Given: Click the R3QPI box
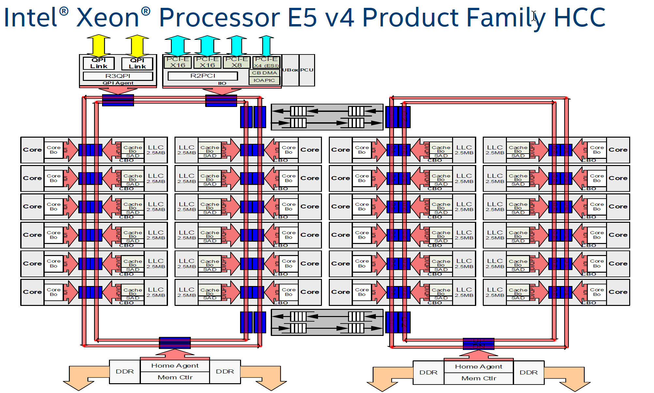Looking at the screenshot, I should [x=118, y=76].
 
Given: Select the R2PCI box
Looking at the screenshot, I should [x=203, y=76].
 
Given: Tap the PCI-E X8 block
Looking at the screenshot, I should [x=236, y=62].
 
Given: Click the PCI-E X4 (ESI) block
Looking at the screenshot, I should [x=266, y=62].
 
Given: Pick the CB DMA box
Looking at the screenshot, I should [x=264, y=73].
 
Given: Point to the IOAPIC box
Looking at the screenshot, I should [x=264, y=80].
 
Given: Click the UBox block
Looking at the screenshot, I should [x=290, y=70].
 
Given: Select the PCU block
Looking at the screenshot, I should [x=307, y=70].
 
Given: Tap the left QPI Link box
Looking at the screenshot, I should [x=99, y=63].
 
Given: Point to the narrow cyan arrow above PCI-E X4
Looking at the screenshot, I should [x=266, y=46].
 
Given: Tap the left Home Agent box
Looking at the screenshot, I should [x=175, y=366].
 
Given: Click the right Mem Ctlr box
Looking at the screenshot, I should [x=479, y=378].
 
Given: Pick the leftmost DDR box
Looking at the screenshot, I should [x=125, y=371].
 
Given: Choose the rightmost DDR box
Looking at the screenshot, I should [x=528, y=372].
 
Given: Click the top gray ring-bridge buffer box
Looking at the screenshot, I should [x=327, y=117].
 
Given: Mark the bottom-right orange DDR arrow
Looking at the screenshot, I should [x=571, y=378].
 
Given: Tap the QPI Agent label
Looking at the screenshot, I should [x=118, y=83].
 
